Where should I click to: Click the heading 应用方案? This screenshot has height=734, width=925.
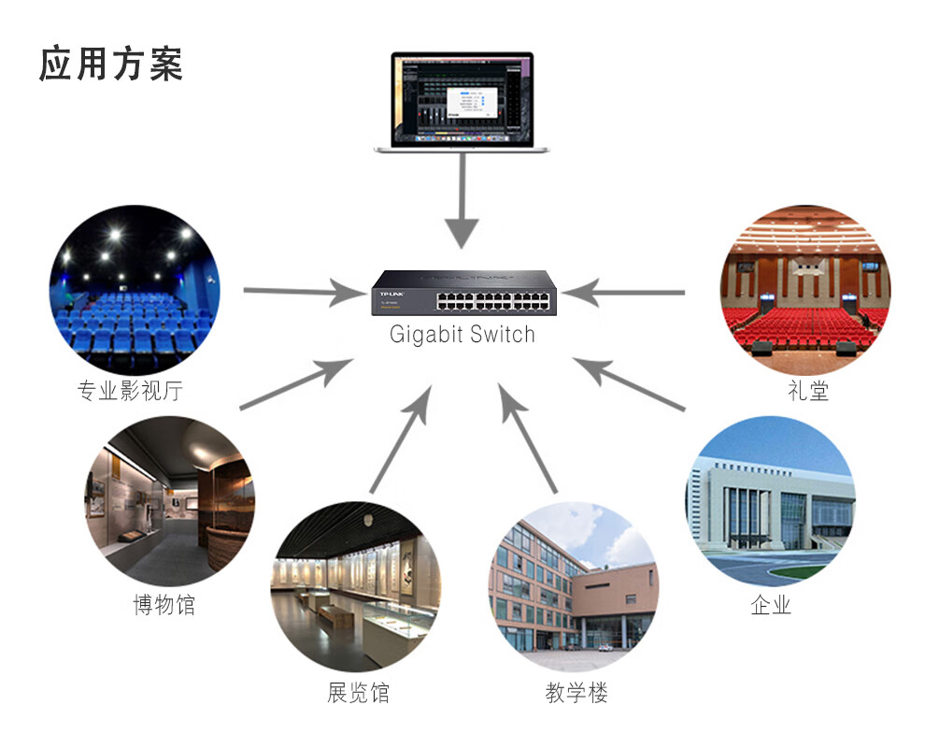111,64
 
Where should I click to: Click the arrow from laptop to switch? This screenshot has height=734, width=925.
461,201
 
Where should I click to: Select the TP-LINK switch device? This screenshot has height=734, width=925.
462,292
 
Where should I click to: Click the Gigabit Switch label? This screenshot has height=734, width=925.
462,335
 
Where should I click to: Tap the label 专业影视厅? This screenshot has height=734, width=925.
130,391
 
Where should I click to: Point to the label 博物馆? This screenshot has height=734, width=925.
164,605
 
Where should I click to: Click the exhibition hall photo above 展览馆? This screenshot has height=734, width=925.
355,586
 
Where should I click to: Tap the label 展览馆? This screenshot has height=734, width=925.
359,693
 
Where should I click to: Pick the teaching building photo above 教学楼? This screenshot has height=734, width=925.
574,586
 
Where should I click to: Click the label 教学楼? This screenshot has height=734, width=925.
576,693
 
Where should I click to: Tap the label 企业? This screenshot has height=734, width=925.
771,605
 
